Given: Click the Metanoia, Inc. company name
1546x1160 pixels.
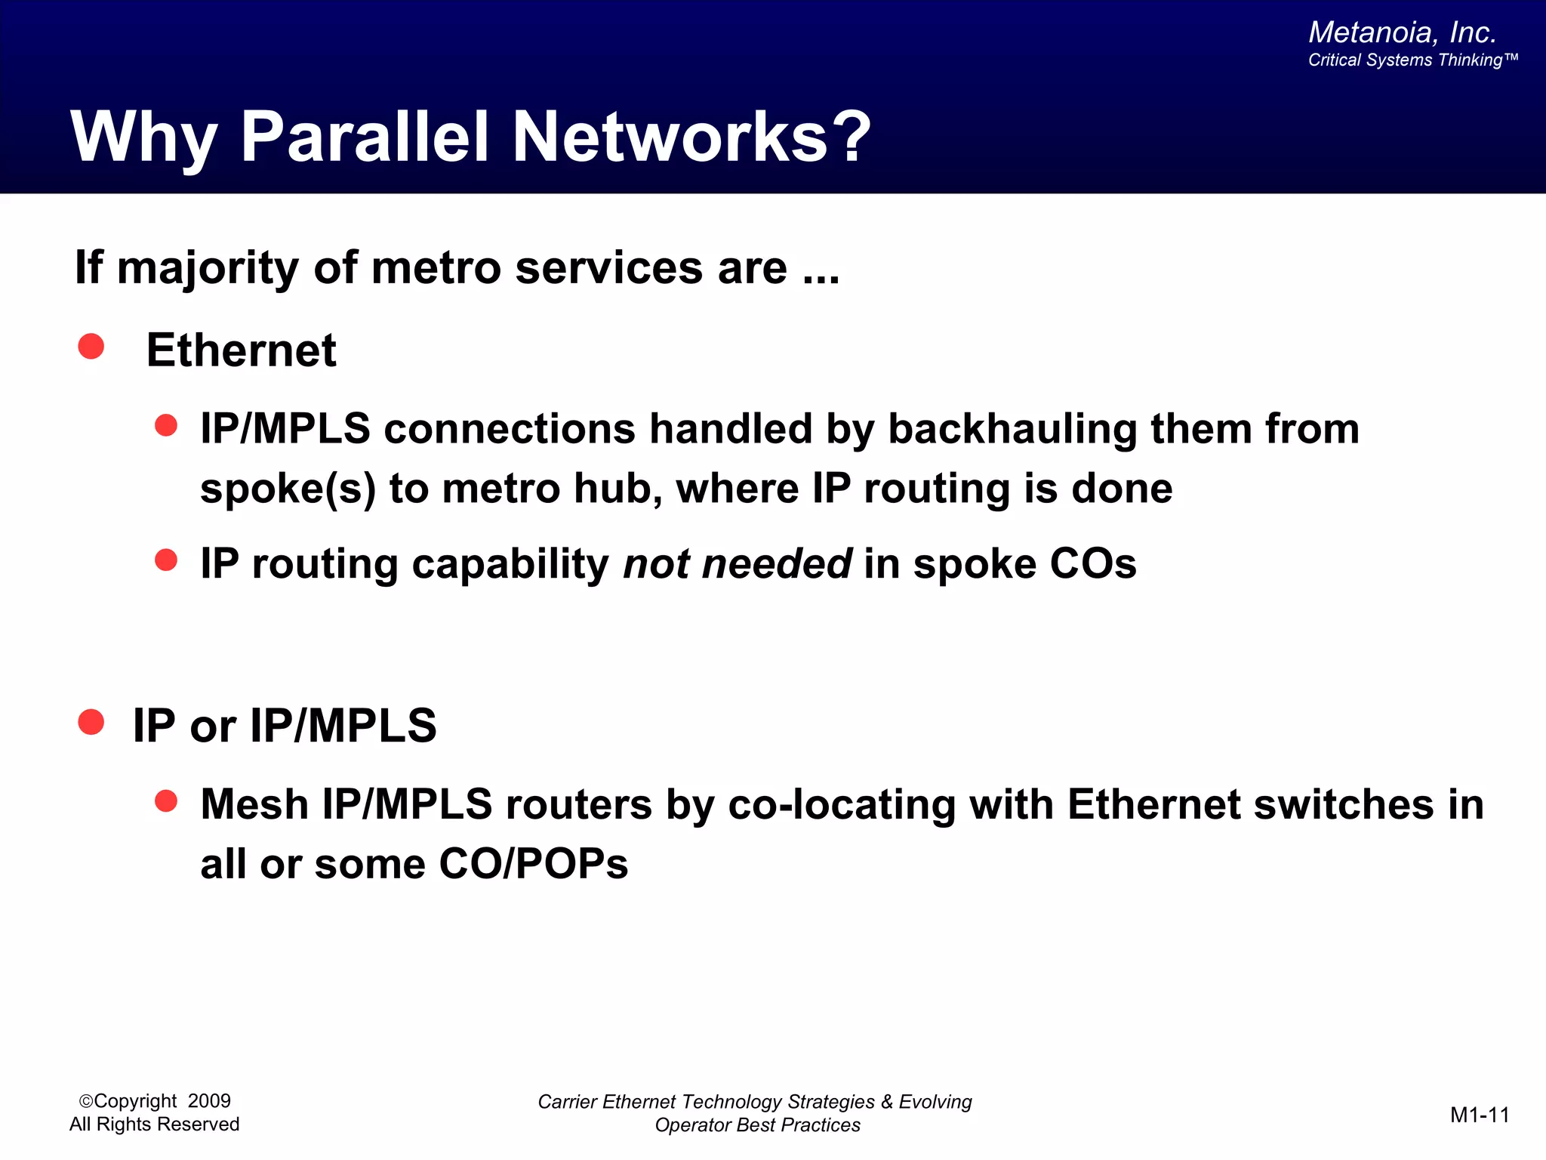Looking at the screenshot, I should (1402, 32).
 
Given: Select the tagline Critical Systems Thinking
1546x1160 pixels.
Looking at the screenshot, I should (1412, 60).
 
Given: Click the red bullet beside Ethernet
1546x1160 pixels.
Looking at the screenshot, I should (91, 347).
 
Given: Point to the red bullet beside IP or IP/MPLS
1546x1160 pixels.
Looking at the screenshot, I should (91, 722).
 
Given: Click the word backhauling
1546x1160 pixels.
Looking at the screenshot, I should (1012, 429).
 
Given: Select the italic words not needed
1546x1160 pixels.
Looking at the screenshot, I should (738, 564).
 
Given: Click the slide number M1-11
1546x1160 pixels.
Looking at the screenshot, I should (1480, 1115).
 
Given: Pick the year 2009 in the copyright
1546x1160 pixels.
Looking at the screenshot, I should (209, 1101).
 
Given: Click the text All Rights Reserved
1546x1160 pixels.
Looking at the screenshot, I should (154, 1125).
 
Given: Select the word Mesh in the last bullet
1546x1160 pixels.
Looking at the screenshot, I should (254, 804).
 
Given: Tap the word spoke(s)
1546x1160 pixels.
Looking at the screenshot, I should (288, 489).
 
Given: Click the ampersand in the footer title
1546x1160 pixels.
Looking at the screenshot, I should (886, 1102).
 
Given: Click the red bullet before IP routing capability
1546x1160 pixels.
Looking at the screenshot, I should (166, 560).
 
